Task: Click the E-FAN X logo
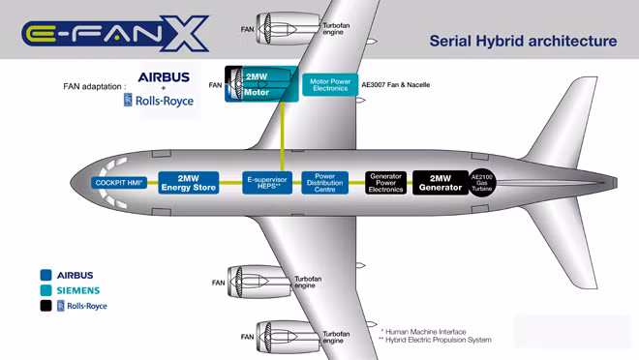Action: [115, 34]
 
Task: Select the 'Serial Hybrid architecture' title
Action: [523, 42]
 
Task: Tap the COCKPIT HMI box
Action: [119, 183]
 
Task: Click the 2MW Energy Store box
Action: [188, 183]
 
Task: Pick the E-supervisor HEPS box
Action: [267, 183]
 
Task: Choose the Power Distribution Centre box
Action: [324, 183]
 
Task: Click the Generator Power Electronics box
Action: [385, 183]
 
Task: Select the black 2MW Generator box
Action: [441, 183]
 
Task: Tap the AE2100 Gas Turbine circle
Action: [482, 183]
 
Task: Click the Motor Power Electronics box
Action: [330, 85]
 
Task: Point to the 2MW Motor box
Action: [261, 84]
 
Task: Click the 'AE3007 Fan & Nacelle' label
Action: [396, 85]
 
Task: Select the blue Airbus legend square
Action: [46, 275]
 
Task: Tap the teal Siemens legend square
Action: [46, 290]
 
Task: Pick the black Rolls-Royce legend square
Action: [46, 306]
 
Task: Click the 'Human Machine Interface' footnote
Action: [423, 332]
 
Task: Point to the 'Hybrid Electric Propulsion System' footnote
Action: [436, 340]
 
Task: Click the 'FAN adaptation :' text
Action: [95, 86]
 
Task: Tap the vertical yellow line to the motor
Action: [283, 136]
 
